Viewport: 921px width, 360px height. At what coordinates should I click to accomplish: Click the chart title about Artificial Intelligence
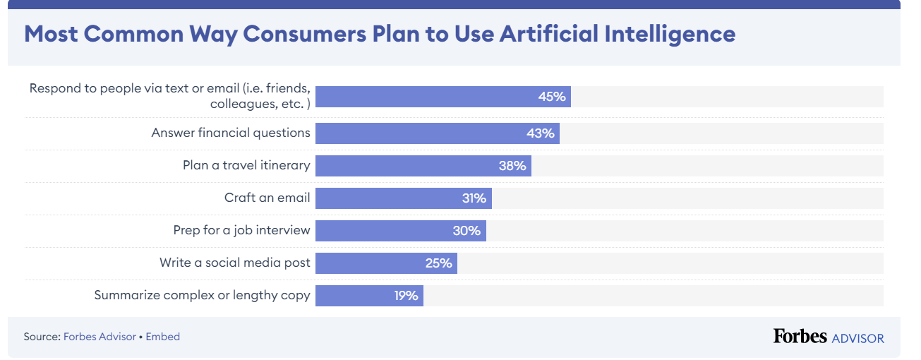[380, 34]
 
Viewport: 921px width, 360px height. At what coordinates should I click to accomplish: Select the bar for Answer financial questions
[437, 133]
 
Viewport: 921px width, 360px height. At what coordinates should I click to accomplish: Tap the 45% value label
[552, 97]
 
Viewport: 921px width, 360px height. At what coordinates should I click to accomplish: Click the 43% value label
[541, 133]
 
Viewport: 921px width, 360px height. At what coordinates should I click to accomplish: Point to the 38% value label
[512, 166]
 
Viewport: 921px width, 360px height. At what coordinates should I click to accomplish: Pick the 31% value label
[474, 198]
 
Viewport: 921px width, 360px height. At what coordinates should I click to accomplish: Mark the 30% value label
[466, 231]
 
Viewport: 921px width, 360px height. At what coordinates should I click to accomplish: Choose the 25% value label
[438, 263]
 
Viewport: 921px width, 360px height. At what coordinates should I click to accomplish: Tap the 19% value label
[407, 296]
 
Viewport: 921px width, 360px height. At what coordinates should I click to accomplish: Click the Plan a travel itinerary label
[246, 165]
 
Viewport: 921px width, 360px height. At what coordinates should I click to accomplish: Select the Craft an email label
[267, 198]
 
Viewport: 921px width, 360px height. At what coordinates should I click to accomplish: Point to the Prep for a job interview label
[241, 230]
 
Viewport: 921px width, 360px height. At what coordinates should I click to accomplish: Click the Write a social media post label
[234, 263]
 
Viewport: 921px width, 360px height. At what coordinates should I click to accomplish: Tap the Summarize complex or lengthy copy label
[202, 295]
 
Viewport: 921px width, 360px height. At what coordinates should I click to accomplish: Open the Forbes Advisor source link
[100, 337]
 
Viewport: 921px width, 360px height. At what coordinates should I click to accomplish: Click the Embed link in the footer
[163, 337]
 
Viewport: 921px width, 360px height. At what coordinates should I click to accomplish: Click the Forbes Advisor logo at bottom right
[828, 337]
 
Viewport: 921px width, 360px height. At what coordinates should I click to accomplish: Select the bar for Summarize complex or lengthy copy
[369, 296]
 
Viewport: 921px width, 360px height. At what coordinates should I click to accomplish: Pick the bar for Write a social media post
[386, 263]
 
